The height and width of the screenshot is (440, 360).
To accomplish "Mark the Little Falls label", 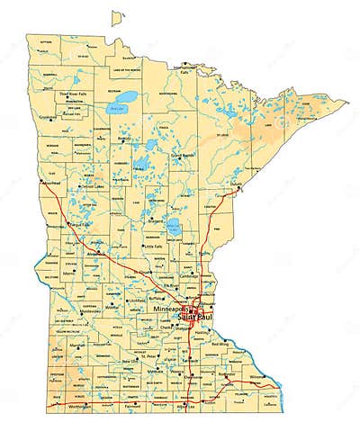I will [156, 245].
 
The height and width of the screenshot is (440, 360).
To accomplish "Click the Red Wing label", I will [219, 343].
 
